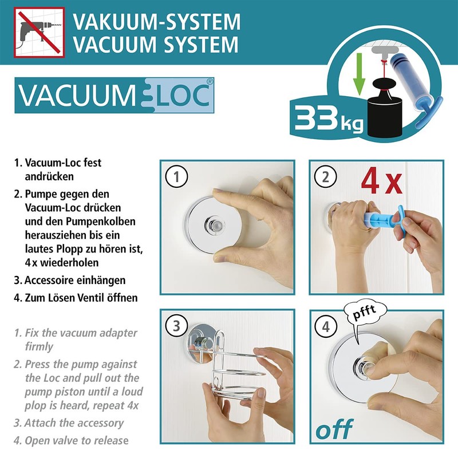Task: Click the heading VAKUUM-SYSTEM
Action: (x=156, y=22)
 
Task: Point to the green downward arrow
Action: (x=359, y=74)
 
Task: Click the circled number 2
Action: (x=326, y=177)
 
